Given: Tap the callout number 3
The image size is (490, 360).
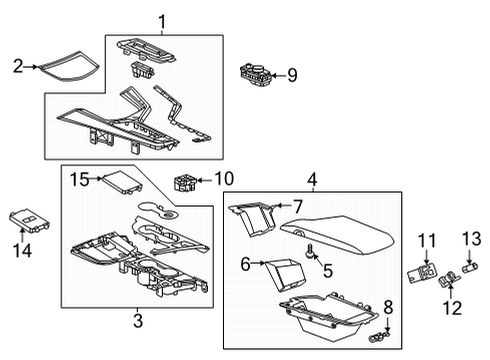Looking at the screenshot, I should pyautogui.click(x=138, y=320).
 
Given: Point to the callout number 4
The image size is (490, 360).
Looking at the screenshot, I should pyautogui.click(x=312, y=180).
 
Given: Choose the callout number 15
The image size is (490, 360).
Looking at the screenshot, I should pyautogui.click(x=76, y=179).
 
